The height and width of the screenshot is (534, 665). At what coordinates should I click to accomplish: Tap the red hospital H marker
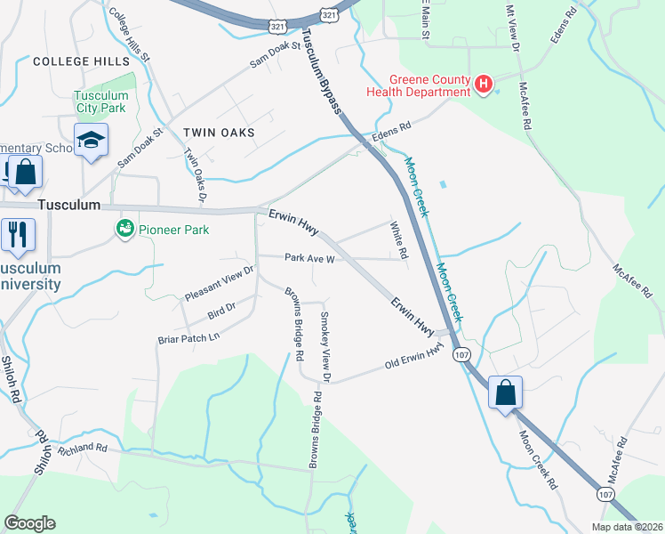point(484,85)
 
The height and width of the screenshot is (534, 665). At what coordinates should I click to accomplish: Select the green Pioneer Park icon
point(124,230)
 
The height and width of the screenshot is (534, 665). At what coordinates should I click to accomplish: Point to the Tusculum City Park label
point(100,101)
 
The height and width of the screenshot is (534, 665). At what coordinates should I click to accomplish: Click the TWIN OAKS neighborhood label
point(219,133)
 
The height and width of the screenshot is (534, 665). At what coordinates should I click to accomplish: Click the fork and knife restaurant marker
point(17,234)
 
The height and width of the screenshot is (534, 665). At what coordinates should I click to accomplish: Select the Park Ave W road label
point(308,259)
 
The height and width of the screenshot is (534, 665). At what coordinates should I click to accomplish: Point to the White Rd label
point(398,241)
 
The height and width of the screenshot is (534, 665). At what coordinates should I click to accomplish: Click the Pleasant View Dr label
point(220,282)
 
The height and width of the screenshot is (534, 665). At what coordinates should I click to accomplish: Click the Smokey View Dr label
point(325,348)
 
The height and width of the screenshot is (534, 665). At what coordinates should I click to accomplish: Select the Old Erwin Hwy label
point(413,359)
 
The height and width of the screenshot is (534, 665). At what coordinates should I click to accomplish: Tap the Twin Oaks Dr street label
point(199,168)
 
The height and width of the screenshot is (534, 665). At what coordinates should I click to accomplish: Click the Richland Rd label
point(83,449)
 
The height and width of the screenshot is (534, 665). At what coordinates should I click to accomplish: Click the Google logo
point(29,523)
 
